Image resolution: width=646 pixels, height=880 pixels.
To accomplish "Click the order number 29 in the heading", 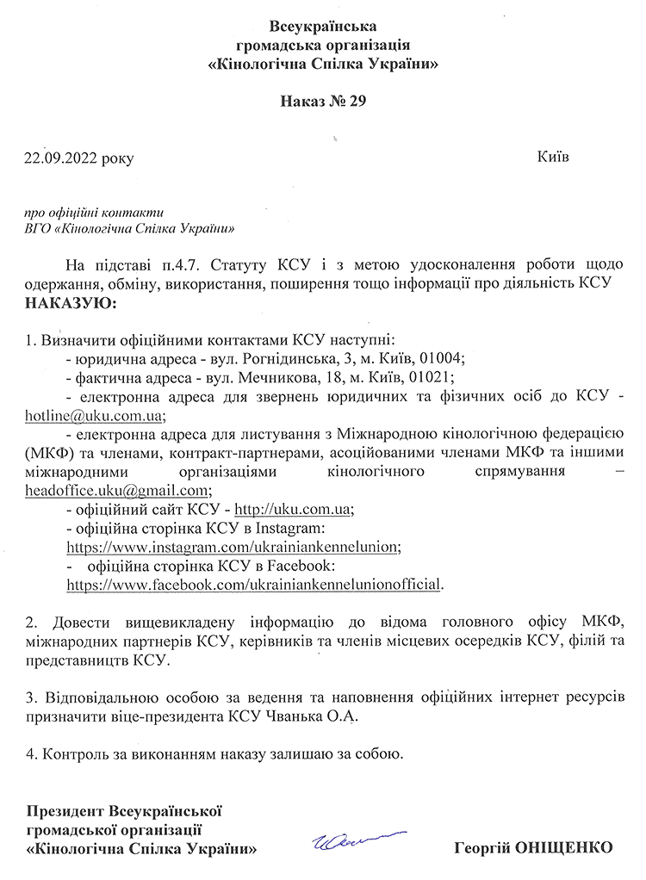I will coord(357,102).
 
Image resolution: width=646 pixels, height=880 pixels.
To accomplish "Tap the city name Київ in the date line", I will coord(552,158).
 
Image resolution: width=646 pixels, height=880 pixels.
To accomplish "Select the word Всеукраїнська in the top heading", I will coord(323,25).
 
